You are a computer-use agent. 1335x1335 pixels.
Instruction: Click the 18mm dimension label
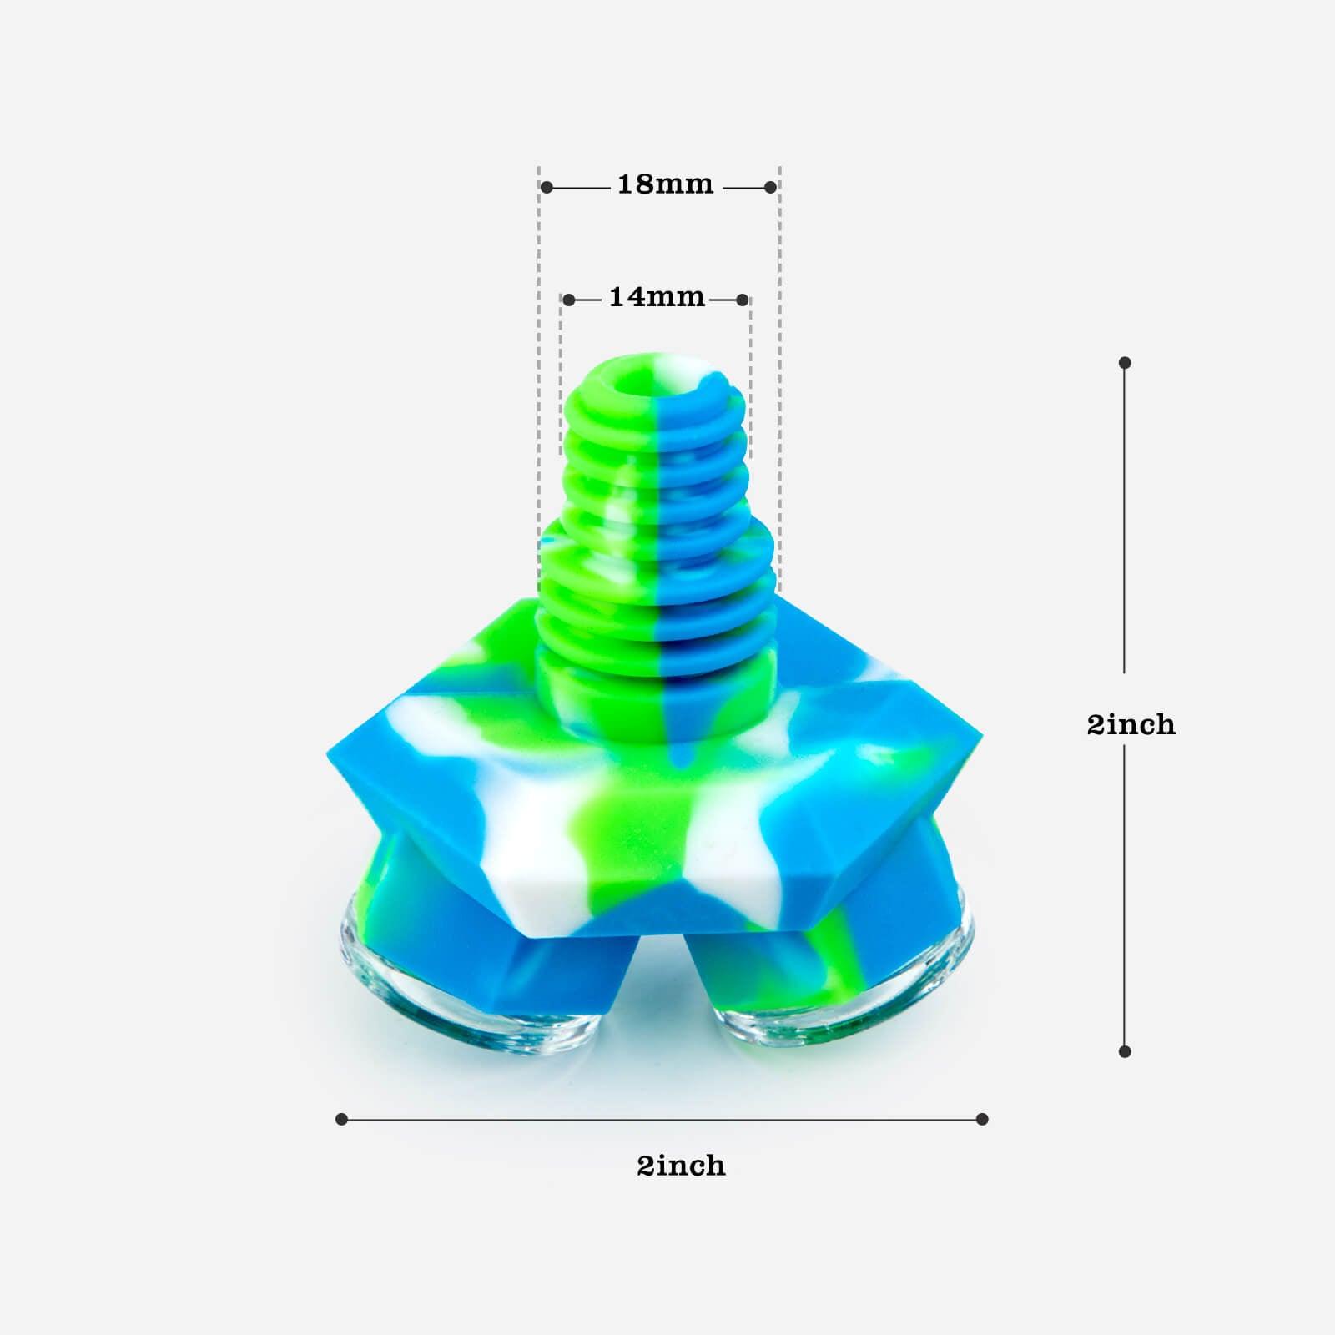(665, 184)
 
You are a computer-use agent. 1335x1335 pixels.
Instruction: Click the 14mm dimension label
(657, 298)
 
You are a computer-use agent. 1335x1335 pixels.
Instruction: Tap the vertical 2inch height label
(1131, 724)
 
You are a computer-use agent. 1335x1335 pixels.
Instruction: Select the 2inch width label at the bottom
(681, 1166)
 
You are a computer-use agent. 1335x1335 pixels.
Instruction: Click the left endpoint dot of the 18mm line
(547, 188)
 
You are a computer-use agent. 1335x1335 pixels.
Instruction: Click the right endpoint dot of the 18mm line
(771, 188)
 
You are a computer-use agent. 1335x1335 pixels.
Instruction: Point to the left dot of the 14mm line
(568, 300)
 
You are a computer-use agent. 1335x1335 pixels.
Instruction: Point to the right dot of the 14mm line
(743, 300)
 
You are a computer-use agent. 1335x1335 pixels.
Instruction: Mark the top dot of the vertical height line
(1125, 363)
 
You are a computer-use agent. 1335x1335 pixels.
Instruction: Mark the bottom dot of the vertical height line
(1125, 1051)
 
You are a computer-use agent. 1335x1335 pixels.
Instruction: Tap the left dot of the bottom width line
(341, 1119)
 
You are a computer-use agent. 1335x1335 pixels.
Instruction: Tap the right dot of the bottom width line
(982, 1119)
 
